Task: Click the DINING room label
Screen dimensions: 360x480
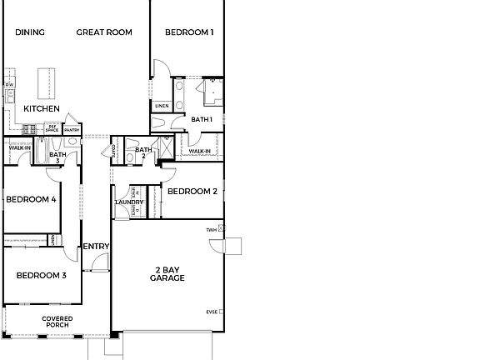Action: click(30, 32)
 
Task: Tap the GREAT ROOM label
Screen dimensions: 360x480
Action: click(104, 32)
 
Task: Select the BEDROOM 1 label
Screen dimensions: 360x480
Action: click(189, 32)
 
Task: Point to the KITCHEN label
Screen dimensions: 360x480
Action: click(41, 109)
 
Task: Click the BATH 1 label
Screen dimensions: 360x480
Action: click(202, 120)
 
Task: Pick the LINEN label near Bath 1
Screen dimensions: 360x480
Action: click(162, 106)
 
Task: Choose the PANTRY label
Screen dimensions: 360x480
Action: click(72, 130)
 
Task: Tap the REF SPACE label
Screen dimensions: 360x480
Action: click(52, 129)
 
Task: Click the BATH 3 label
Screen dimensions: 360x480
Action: click(57, 156)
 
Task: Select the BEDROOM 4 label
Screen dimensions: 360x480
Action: click(31, 199)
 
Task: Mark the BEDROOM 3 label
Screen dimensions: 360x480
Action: click(41, 275)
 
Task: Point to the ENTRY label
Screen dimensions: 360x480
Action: click(96, 246)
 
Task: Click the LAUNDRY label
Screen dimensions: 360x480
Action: click(129, 202)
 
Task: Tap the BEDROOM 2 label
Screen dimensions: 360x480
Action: click(192, 191)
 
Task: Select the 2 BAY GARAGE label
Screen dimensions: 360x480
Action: click(167, 273)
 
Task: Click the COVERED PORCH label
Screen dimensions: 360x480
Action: click(57, 322)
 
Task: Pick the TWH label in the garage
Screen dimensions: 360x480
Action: click(212, 229)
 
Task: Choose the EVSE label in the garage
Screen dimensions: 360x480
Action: click(212, 312)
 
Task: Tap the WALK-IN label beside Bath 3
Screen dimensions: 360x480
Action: click(20, 148)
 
